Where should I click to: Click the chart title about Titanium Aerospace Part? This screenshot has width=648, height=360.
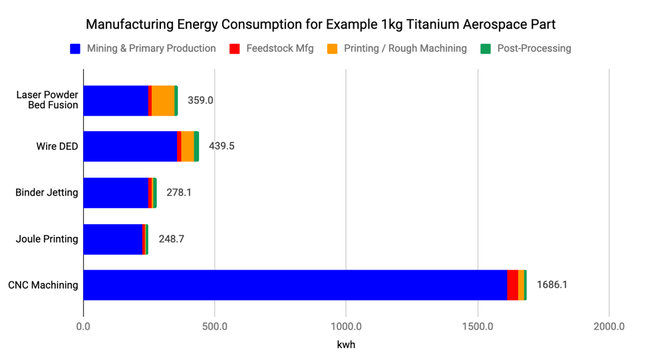tap(321, 25)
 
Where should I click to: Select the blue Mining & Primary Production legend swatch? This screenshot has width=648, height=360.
tap(75, 49)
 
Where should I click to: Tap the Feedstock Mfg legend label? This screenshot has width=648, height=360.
tap(279, 49)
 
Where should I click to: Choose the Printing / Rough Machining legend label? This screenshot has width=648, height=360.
tap(405, 49)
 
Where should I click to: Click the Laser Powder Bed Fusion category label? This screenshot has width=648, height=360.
tap(47, 100)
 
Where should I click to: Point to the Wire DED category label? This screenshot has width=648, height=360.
tap(57, 146)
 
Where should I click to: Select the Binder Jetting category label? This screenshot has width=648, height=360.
tap(47, 192)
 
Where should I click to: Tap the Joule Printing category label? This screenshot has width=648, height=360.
tap(47, 239)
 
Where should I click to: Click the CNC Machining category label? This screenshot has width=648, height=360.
tap(43, 285)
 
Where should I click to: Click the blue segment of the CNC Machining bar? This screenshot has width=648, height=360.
tap(295, 285)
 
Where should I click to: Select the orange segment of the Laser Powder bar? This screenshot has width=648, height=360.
tap(163, 100)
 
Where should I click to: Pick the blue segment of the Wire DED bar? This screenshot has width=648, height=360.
tap(130, 146)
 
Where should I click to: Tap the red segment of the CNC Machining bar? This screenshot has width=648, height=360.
tap(512, 285)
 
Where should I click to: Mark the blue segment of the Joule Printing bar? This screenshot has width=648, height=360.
tap(112, 239)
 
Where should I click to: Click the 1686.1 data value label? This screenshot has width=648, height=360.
tap(552, 285)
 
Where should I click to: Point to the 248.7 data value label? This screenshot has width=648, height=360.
tap(171, 239)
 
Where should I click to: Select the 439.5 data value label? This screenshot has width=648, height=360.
tap(222, 146)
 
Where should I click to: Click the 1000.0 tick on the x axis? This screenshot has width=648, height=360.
tap(345, 327)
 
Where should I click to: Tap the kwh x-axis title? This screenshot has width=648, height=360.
tap(345, 345)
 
